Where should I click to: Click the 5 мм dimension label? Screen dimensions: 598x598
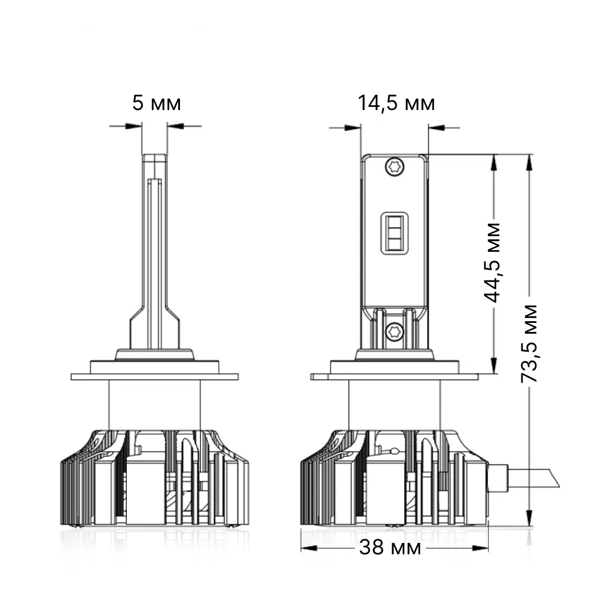click(156, 103)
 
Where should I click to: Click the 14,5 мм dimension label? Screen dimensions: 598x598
click(396, 103)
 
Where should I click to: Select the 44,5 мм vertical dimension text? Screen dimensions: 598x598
click(492, 263)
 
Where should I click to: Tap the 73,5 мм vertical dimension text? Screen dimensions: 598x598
click(529, 343)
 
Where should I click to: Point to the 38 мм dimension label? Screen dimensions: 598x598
click(390, 548)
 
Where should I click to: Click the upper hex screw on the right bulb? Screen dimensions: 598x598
click(395, 167)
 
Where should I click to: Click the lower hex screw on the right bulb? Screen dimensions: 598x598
click(395, 331)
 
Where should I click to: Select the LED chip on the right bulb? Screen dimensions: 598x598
click(395, 233)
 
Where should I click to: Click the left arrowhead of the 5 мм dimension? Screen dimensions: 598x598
click(133, 126)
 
